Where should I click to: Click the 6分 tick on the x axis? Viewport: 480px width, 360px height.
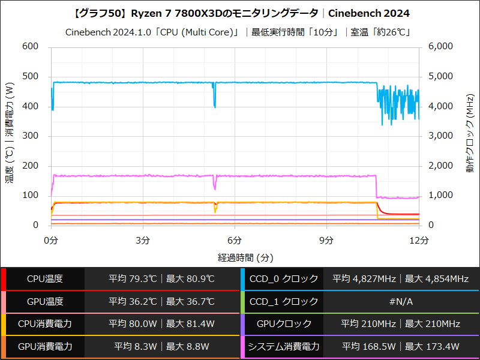click(x=235, y=240)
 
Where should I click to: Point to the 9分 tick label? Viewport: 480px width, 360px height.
click(x=326, y=240)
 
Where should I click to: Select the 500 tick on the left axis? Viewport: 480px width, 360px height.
click(x=30, y=77)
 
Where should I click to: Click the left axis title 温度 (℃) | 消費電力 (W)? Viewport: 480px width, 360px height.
click(x=10, y=136)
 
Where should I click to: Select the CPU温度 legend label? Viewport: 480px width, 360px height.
click(x=45, y=279)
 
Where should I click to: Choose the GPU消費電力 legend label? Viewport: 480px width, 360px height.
click(x=45, y=347)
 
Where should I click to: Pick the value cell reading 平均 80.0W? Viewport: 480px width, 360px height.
click(x=162, y=324)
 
